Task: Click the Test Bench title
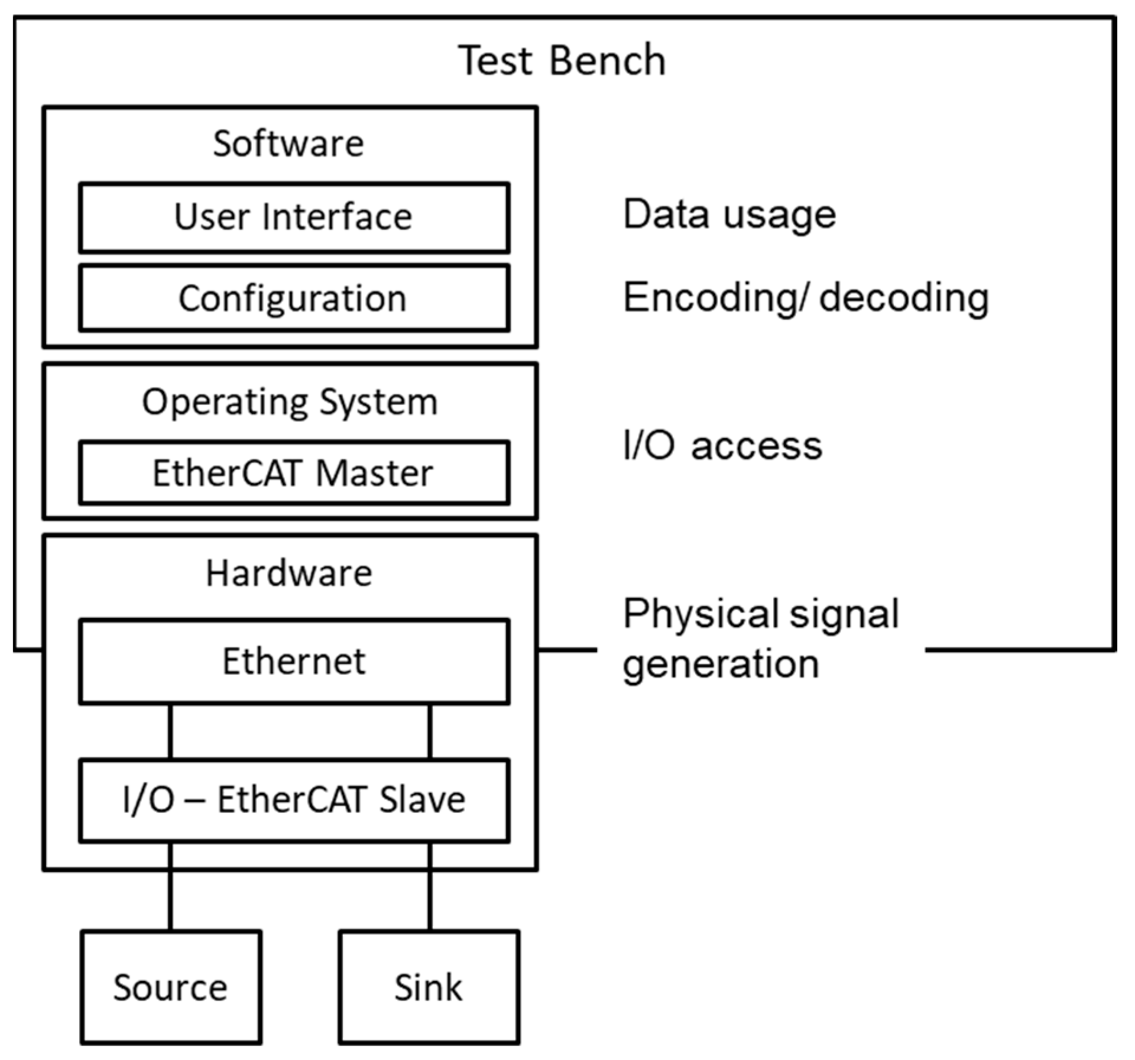click(562, 60)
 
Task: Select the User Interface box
click(294, 217)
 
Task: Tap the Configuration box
click(294, 298)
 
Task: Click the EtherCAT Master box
click(294, 473)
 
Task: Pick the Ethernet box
click(294, 661)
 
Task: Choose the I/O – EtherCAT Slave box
click(294, 799)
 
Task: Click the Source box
click(171, 987)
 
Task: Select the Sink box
click(429, 987)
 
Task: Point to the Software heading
click(288, 144)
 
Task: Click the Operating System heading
click(290, 402)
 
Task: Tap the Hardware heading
click(288, 573)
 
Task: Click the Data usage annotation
click(729, 215)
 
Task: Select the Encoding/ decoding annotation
click(806, 297)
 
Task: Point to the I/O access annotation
click(722, 446)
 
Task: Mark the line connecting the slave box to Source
click(171, 887)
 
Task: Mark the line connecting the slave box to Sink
click(430, 887)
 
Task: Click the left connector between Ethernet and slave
click(171, 731)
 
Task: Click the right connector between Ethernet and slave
click(430, 731)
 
